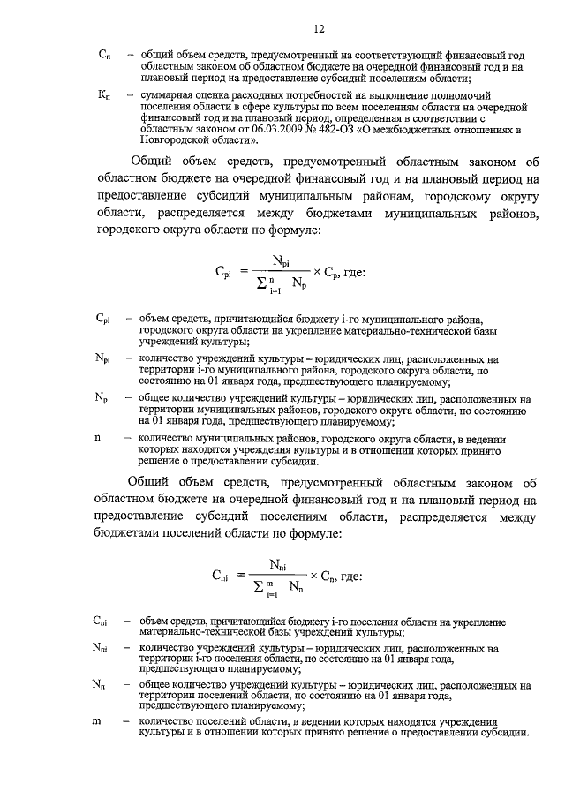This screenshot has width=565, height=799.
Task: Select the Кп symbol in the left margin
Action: pos(103,94)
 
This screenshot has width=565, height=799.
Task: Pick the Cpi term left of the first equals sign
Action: pos(225,274)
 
